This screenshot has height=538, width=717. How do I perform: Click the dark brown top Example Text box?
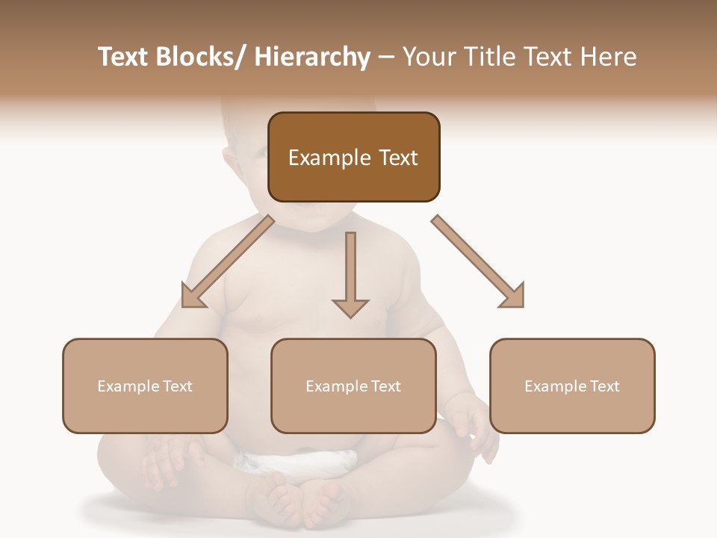pos(353,157)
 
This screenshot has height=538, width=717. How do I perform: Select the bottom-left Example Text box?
pos(145,386)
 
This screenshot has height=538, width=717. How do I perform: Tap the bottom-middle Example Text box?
pos(353,386)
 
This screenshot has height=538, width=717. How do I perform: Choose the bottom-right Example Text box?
pos(572,386)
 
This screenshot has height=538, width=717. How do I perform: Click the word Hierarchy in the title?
pos(312,57)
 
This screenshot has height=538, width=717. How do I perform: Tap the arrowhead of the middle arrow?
pos(350,306)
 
